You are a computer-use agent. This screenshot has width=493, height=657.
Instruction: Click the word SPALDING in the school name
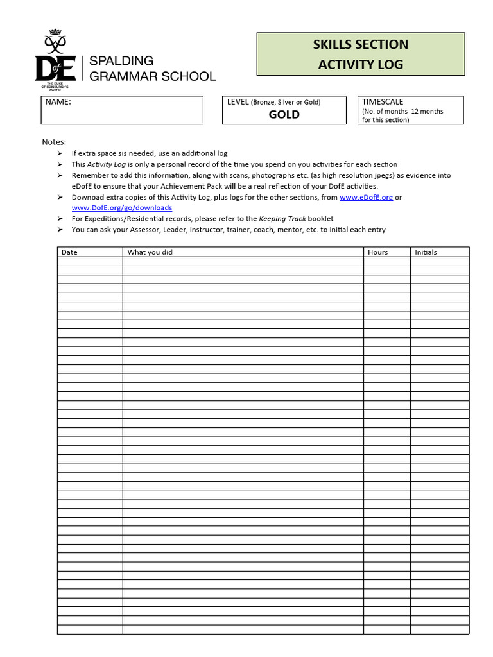click(121, 61)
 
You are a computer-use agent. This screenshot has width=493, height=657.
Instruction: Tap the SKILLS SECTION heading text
click(360, 44)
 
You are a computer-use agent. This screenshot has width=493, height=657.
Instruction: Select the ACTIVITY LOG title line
click(360, 64)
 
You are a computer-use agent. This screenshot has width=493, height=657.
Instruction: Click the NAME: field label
click(58, 102)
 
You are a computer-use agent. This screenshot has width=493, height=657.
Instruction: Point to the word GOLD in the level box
click(284, 115)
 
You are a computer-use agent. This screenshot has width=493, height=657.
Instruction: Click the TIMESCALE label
click(383, 101)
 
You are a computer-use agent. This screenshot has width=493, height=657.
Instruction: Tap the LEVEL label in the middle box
click(238, 102)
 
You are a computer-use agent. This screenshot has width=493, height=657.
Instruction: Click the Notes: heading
click(54, 142)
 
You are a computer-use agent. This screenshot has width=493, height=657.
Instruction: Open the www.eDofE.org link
click(366, 197)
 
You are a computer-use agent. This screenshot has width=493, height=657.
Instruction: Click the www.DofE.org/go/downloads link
click(122, 208)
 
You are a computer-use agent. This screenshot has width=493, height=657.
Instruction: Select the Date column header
click(69, 252)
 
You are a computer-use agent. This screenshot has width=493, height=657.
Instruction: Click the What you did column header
click(150, 252)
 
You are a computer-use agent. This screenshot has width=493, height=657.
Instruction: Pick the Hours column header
click(377, 252)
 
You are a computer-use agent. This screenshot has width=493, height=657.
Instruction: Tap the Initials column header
click(426, 252)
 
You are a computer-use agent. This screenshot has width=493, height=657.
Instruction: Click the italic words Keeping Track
click(282, 219)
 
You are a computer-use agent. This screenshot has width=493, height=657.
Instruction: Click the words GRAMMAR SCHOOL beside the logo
click(152, 76)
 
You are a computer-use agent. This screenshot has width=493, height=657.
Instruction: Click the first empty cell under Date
click(90, 262)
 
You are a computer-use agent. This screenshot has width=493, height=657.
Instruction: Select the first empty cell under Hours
click(386, 262)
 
